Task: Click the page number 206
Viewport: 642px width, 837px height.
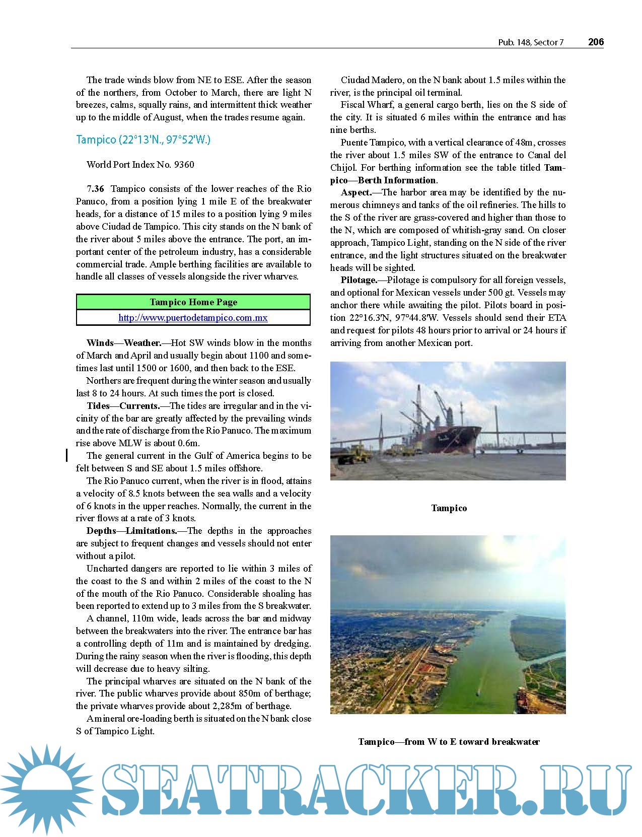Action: (x=596, y=42)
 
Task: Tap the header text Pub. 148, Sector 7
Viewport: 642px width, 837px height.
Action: (x=531, y=43)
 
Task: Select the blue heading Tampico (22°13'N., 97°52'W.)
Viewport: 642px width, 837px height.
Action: (x=143, y=139)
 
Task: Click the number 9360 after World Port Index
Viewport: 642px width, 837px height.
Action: (x=183, y=165)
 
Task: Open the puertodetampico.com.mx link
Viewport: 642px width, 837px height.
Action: (x=193, y=318)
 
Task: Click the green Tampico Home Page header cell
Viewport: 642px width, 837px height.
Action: (x=193, y=302)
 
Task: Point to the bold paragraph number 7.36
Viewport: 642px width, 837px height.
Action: (x=96, y=189)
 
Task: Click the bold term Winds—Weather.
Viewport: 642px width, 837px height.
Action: (x=124, y=343)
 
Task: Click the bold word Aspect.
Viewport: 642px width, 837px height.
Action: (x=356, y=192)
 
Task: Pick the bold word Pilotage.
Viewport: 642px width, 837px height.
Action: (x=359, y=280)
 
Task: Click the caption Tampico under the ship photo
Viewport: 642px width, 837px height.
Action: (x=449, y=508)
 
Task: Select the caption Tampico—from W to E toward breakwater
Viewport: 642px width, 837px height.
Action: (x=449, y=742)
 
